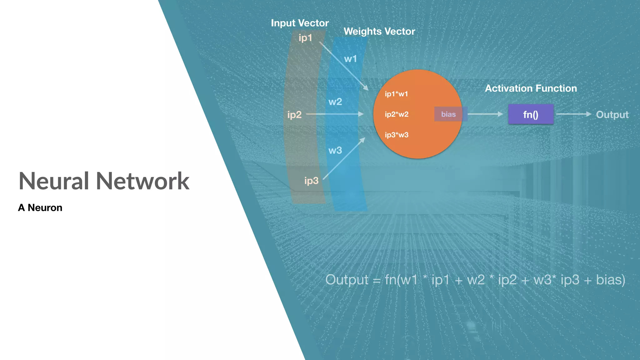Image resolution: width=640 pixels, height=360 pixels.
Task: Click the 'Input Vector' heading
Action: pyautogui.click(x=300, y=23)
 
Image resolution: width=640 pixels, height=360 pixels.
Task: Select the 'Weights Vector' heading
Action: pyautogui.click(x=379, y=32)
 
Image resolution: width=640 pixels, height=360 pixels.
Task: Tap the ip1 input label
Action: pyautogui.click(x=305, y=38)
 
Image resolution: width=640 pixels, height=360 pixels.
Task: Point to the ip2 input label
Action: pyautogui.click(x=294, y=115)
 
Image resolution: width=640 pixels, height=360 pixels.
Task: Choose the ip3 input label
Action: pyautogui.click(x=311, y=181)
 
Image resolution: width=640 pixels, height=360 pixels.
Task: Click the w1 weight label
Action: pyautogui.click(x=350, y=59)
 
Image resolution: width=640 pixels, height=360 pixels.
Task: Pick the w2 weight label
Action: pyautogui.click(x=335, y=102)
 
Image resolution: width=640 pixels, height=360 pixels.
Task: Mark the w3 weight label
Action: pyautogui.click(x=335, y=151)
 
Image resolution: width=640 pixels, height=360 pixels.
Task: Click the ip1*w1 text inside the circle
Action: pyautogui.click(x=396, y=94)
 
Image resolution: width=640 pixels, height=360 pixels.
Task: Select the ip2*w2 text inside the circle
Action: pyautogui.click(x=397, y=114)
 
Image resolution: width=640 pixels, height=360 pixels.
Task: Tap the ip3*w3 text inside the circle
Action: pyautogui.click(x=397, y=135)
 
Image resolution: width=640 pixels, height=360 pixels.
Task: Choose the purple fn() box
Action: pyautogui.click(x=531, y=114)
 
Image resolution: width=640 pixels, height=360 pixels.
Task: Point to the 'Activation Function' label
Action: pyautogui.click(x=531, y=88)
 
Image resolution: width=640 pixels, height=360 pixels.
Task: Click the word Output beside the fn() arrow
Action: pyautogui.click(x=612, y=115)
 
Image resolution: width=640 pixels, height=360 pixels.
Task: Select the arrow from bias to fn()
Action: pyautogui.click(x=485, y=114)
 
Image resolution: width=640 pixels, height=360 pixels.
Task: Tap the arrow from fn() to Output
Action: pyautogui.click(x=574, y=114)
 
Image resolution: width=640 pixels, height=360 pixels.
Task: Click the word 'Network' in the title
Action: pyautogui.click(x=142, y=181)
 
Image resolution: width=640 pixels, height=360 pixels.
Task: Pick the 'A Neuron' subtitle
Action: pyautogui.click(x=40, y=208)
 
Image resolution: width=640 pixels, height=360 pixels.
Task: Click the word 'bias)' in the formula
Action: pyautogui.click(x=611, y=280)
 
